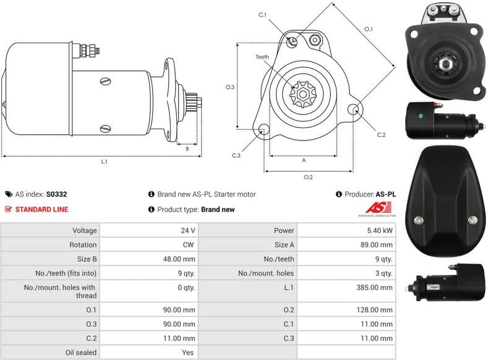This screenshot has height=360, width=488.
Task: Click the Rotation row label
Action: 83,244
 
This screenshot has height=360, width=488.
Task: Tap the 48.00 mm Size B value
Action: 181,259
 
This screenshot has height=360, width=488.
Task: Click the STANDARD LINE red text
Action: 41,209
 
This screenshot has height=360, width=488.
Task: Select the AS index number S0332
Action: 57,194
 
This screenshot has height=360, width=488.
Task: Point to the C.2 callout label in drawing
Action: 381,134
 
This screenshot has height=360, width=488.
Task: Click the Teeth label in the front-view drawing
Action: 262,57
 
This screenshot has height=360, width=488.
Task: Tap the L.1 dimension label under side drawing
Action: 105,162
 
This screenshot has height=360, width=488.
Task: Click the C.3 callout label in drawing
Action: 236,155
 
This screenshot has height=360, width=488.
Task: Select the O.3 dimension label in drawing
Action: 230,87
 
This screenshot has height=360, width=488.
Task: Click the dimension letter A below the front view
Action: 304,160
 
